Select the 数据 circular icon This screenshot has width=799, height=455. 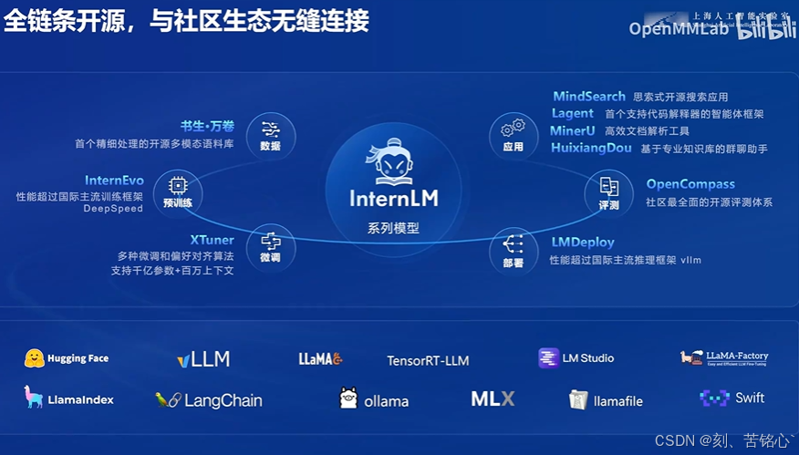coord(270,133)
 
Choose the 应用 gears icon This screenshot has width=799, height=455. coord(513,132)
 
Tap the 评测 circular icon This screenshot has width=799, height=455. coord(608,191)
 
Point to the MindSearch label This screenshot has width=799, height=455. coord(589,96)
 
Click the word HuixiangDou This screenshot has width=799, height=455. coord(591,148)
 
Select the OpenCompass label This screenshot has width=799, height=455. coord(690,184)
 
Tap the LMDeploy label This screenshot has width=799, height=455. coord(583,243)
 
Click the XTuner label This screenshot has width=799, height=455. coord(213,241)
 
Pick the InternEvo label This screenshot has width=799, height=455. coord(114,181)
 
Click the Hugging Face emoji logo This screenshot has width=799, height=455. coord(35,358)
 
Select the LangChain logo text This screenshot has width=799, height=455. coord(223,400)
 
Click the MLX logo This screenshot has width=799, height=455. coord(493,398)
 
